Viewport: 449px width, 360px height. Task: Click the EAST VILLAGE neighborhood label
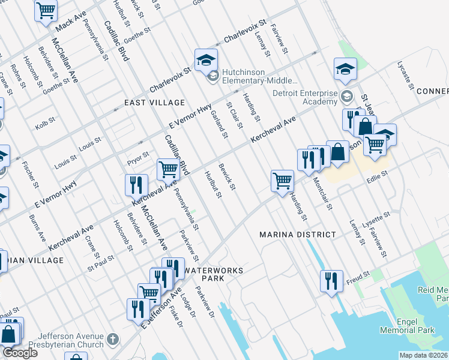pos(146,103)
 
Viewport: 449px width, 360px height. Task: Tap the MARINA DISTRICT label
pos(293,234)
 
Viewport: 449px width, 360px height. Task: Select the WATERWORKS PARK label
pos(214,274)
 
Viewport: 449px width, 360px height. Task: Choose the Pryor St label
pos(137,157)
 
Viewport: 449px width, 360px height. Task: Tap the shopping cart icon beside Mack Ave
pos(46,10)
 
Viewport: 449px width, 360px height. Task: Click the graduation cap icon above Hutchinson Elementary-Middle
pos(205,59)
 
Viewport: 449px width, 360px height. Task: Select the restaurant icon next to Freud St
pos(331,281)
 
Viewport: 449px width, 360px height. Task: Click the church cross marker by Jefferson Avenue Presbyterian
pos(112,340)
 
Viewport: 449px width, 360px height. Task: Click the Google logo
pos(19,353)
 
